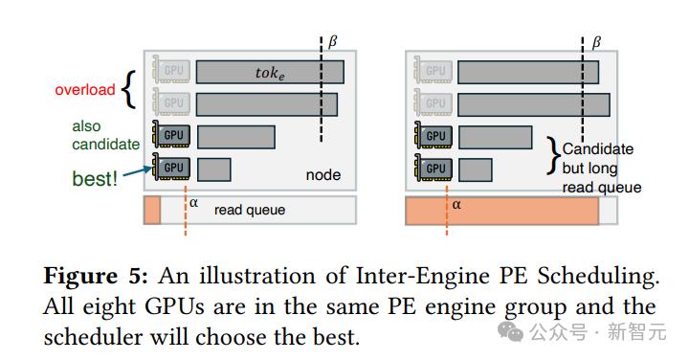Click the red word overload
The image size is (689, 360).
pyautogui.click(x=85, y=90)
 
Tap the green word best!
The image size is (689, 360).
pyautogui.click(x=95, y=179)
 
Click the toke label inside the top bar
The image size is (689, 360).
pyautogui.click(x=270, y=73)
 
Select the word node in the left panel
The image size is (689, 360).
pyautogui.click(x=323, y=175)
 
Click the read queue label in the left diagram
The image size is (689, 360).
pyautogui.click(x=250, y=210)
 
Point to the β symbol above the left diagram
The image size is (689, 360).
pyautogui.click(x=333, y=42)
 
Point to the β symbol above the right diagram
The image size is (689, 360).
pyautogui.click(x=596, y=43)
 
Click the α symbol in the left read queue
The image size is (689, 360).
pyautogui.click(x=193, y=203)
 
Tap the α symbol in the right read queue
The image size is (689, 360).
pyautogui.click(x=456, y=204)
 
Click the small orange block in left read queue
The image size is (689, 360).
pyautogui.click(x=152, y=210)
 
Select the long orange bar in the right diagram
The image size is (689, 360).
pyautogui.click(x=501, y=211)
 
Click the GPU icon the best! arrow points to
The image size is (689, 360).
pyautogui.click(x=171, y=167)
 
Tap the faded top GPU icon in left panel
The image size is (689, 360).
pyautogui.click(x=171, y=70)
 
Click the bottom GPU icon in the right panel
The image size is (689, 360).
pyautogui.click(x=433, y=168)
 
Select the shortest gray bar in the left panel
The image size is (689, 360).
pyautogui.click(x=214, y=169)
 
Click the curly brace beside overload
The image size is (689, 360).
pyautogui.click(x=128, y=89)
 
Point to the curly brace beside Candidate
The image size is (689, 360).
pyautogui.click(x=554, y=156)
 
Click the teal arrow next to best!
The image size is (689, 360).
pyautogui.click(x=138, y=172)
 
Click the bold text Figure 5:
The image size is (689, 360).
pyautogui.click(x=96, y=276)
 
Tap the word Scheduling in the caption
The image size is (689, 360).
pyautogui.click(x=598, y=277)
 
